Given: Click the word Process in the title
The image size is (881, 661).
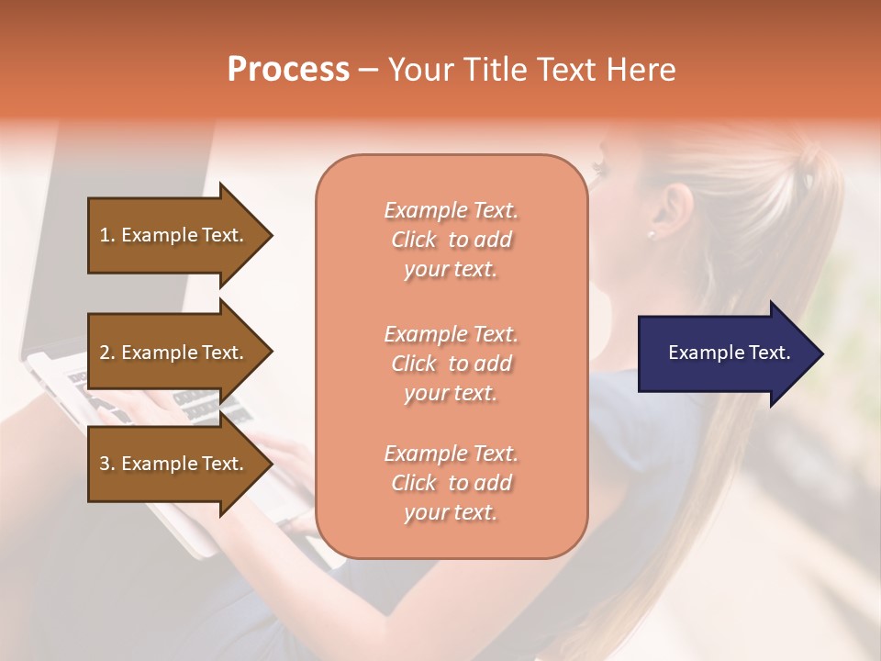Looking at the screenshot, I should pyautogui.click(x=288, y=70).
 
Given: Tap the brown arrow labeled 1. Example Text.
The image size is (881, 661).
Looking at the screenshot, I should pyautogui.click(x=174, y=235).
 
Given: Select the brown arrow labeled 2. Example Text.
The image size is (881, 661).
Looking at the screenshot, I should pyautogui.click(x=174, y=353).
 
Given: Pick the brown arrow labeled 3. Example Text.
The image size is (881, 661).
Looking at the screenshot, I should pyautogui.click(x=174, y=464).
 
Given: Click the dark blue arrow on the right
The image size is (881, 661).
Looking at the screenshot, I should pyautogui.click(x=725, y=353).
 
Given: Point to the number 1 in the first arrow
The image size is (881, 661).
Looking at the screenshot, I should pyautogui.click(x=105, y=235).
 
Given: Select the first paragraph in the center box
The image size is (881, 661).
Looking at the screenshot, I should pyautogui.click(x=451, y=240).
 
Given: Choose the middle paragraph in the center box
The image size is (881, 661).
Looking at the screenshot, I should pyautogui.click(x=451, y=364).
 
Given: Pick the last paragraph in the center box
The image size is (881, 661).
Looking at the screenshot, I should pyautogui.click(x=451, y=483).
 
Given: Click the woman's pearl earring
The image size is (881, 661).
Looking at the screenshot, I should pyautogui.click(x=651, y=234).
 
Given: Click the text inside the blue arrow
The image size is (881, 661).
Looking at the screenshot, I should pyautogui.click(x=729, y=353).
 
